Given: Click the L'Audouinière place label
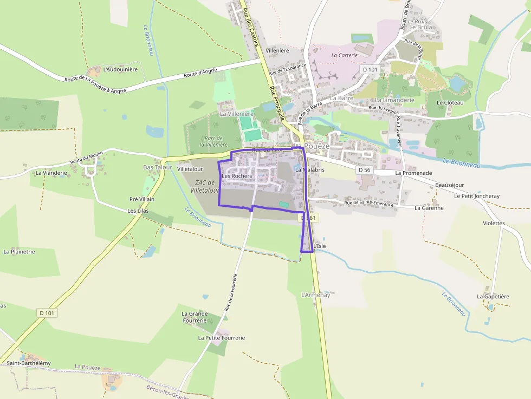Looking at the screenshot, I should [x=120, y=69].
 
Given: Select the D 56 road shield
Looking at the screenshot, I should [x=364, y=170].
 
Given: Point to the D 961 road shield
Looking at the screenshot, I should [x=308, y=218].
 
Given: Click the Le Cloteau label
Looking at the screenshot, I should [x=450, y=102].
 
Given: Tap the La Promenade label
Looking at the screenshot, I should [x=413, y=173].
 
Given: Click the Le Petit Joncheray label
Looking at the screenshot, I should [x=477, y=196].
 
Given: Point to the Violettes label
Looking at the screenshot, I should [x=494, y=223].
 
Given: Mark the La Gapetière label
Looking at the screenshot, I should [x=493, y=296].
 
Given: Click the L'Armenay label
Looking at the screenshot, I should [x=315, y=295].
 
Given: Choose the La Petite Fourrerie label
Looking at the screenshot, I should [x=222, y=338].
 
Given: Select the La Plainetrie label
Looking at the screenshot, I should [x=19, y=252].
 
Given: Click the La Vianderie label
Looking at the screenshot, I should [x=51, y=173].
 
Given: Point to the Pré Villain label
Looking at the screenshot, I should [x=142, y=199].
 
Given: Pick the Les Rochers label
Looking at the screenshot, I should [x=237, y=176].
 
